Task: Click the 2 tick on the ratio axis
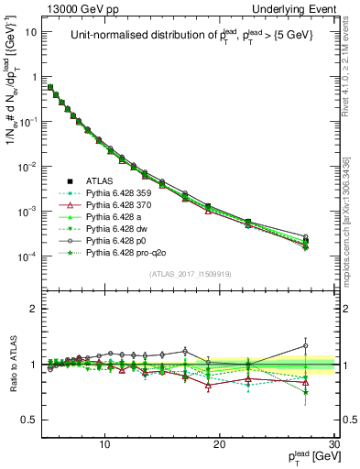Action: pyautogui.click(x=33, y=309)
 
